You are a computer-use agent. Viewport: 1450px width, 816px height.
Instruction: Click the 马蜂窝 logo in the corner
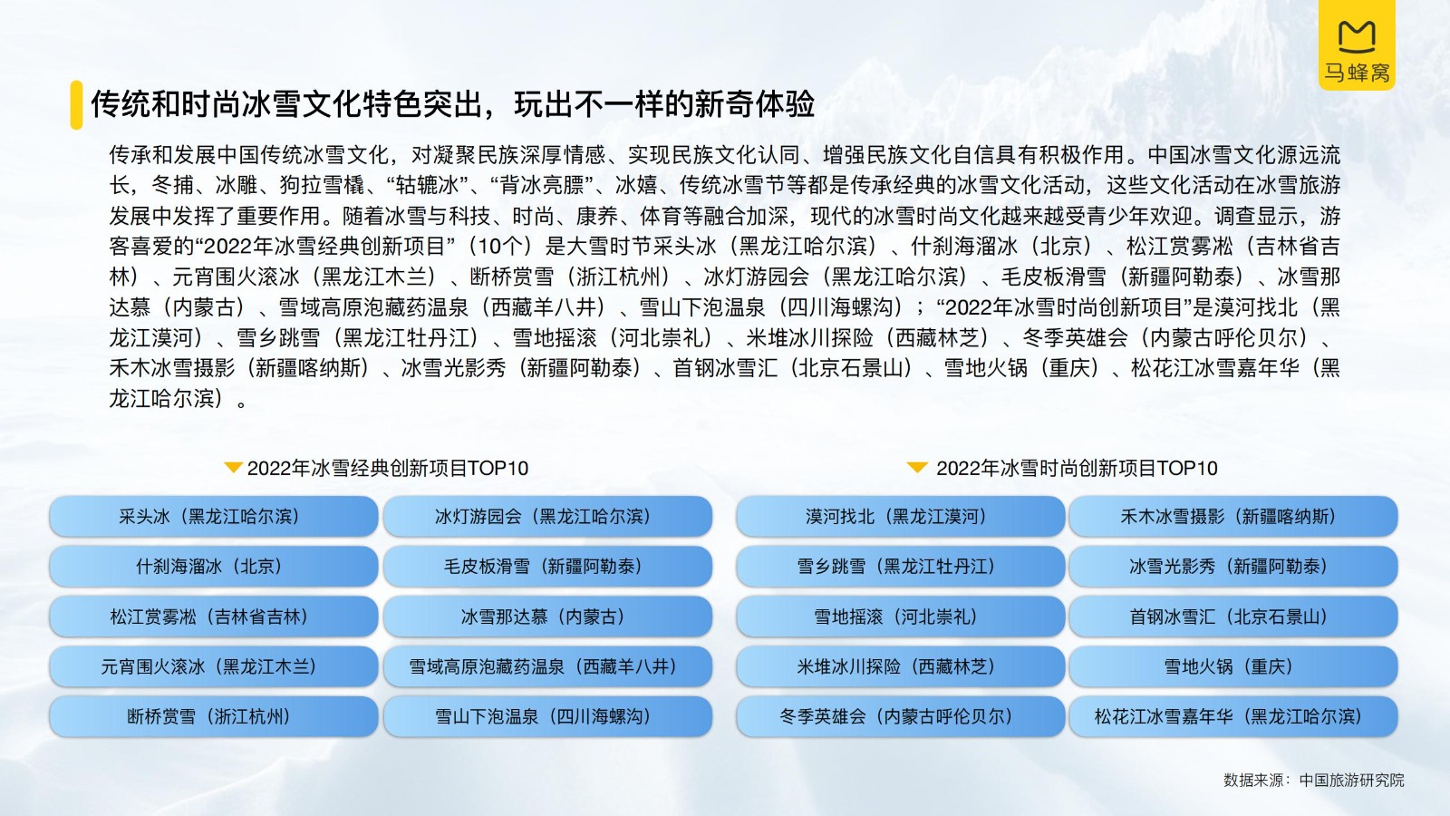tap(1357, 44)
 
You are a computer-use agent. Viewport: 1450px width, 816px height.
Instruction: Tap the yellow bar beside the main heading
tap(76, 105)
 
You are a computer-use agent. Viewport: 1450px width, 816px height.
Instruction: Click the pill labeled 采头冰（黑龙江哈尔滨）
tap(214, 516)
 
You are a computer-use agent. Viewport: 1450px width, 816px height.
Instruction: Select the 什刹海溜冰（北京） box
tap(214, 566)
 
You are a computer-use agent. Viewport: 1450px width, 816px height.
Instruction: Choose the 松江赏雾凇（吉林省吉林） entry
tap(214, 616)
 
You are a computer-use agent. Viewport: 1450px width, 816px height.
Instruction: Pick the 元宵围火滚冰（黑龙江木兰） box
tap(214, 665)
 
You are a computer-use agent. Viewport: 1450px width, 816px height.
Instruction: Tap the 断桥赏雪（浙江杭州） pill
tap(214, 716)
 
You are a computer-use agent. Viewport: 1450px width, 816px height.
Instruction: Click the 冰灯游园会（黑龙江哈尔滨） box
tap(547, 516)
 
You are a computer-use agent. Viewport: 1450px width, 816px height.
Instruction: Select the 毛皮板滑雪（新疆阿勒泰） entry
tap(547, 566)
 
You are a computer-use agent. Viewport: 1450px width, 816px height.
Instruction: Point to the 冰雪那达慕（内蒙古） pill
tap(547, 616)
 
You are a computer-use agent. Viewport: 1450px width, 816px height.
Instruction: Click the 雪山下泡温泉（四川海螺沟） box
tap(547, 716)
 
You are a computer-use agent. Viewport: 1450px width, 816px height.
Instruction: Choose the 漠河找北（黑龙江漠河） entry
tap(901, 516)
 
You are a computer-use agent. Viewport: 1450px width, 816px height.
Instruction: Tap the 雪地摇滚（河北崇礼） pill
tap(901, 616)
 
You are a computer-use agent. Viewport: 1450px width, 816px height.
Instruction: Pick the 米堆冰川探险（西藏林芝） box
tap(901, 665)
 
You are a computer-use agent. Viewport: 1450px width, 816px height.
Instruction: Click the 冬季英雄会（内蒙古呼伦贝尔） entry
tap(901, 716)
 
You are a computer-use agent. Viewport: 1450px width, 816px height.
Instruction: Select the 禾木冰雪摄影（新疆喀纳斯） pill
tap(1233, 516)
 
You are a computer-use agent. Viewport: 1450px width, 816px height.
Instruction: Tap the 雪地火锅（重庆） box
tap(1233, 665)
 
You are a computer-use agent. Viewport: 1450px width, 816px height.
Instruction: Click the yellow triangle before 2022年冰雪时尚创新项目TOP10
tap(917, 467)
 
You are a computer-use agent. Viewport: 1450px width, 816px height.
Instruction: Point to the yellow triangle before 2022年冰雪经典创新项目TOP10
tap(233, 467)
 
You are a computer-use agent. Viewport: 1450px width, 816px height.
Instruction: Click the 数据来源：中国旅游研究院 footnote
tap(1313, 781)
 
